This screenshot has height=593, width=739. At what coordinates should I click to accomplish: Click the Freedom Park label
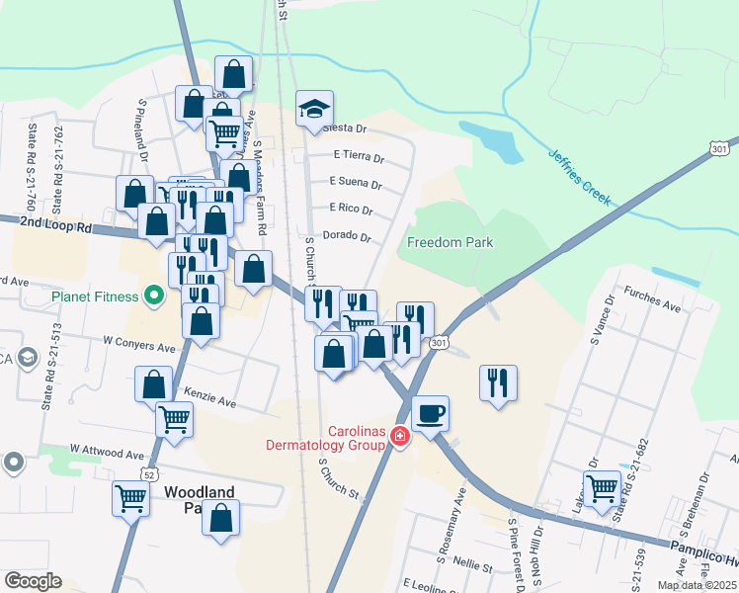450,242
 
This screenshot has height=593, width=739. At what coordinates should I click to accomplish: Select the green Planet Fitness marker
153,295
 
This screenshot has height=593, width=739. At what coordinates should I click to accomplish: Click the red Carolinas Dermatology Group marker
399,436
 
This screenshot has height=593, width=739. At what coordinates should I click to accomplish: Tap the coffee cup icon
430,412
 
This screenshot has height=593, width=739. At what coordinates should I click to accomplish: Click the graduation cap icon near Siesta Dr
315,108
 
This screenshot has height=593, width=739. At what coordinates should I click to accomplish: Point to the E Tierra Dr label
357,155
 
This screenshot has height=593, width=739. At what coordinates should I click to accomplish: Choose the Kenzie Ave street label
209,402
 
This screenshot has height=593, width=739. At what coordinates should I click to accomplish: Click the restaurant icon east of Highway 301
498,381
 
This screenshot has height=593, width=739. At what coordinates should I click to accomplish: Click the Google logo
33,581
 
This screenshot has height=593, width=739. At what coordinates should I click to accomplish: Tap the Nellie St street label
473,566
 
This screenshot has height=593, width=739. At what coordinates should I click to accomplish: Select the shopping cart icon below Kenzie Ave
174,419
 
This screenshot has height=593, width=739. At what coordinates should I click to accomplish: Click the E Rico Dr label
352,210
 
